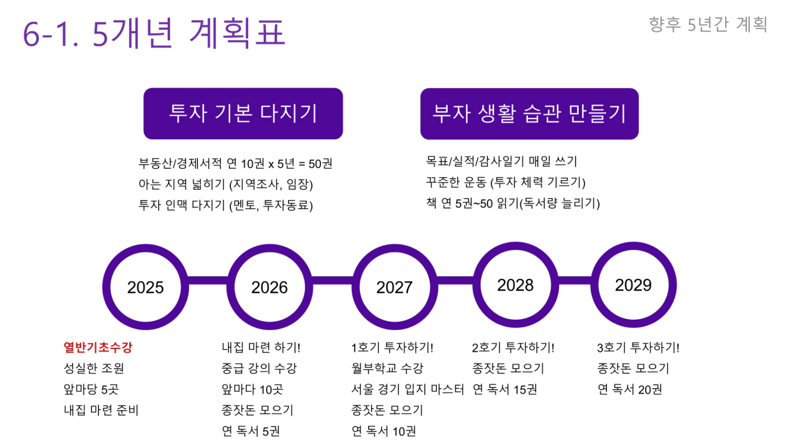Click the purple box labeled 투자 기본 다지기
(243, 114)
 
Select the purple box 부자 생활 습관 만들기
(529, 114)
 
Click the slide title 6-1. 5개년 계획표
(154, 32)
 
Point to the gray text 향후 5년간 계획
(708, 24)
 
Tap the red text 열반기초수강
(98, 347)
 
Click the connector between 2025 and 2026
(207, 280)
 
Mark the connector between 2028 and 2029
(574, 280)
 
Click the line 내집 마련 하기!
(261, 347)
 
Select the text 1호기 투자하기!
(392, 347)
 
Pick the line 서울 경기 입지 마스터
(407, 389)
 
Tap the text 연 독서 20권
(629, 389)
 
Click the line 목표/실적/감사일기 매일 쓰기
(501, 161)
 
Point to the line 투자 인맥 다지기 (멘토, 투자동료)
(226, 205)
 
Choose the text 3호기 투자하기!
(638, 347)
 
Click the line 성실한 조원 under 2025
(94, 368)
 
